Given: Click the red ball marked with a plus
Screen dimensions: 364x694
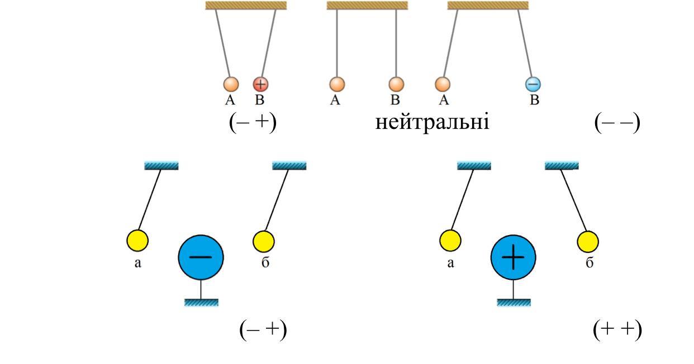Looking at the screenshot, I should pyautogui.click(x=261, y=84).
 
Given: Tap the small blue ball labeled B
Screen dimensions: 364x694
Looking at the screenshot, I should pyautogui.click(x=533, y=84).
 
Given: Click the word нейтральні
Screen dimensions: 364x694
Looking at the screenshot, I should pyautogui.click(x=432, y=121).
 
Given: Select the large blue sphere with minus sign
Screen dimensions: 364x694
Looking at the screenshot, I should pyautogui.click(x=201, y=257).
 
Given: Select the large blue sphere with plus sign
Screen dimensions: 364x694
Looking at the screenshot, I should pyautogui.click(x=513, y=257).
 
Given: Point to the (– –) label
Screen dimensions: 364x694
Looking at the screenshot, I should pyautogui.click(x=617, y=122).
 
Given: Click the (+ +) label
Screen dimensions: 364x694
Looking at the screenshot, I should pyautogui.click(x=617, y=329).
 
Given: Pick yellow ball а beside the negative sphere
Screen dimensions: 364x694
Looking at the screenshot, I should pyautogui.click(x=137, y=241).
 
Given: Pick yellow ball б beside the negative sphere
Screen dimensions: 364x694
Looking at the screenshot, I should pyautogui.click(x=264, y=241).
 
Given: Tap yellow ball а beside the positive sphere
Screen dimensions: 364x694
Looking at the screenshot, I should pyautogui.click(x=450, y=241).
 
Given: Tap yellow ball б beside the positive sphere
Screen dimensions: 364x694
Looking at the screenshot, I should pyautogui.click(x=588, y=241).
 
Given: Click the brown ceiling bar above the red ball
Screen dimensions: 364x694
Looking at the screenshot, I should pyautogui.click(x=246, y=6).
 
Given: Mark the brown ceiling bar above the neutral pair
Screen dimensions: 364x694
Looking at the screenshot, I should pyautogui.click(x=367, y=6).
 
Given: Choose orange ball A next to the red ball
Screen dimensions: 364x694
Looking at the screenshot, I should pyautogui.click(x=231, y=84).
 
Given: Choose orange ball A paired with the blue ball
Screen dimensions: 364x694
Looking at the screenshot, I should pyautogui.click(x=443, y=84).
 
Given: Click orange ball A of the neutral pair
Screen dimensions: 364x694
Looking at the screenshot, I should pyautogui.click(x=336, y=84).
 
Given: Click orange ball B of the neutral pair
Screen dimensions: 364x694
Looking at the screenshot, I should pyautogui.click(x=396, y=84).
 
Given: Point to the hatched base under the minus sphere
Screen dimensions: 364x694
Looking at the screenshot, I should pyautogui.click(x=201, y=303).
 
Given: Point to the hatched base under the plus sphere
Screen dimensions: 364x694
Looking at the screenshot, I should pyautogui.click(x=514, y=303).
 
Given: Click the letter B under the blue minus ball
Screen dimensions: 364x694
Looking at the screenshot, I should pyautogui.click(x=534, y=100).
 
